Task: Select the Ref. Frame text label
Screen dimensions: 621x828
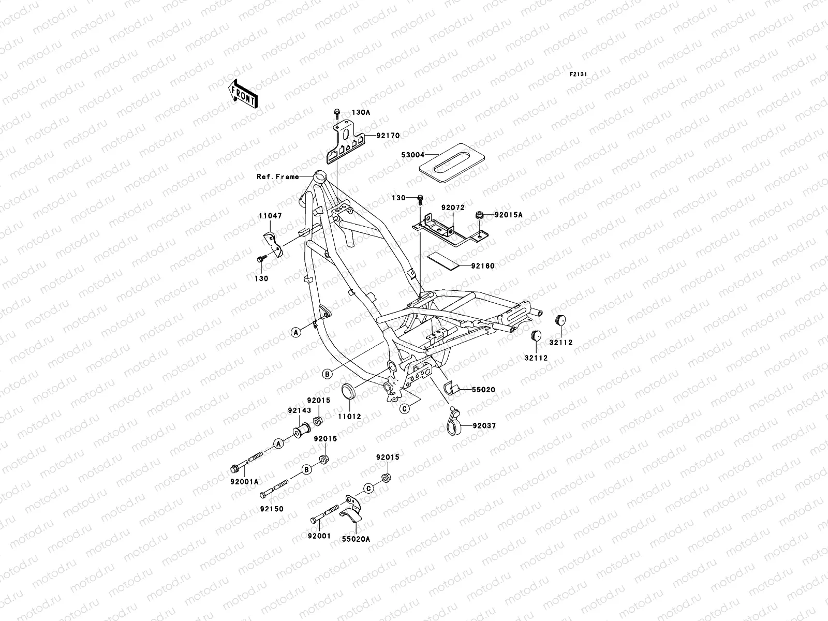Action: point(278,176)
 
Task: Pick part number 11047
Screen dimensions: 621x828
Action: point(271,216)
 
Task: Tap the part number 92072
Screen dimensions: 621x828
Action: point(453,208)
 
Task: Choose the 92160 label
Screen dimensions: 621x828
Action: point(483,266)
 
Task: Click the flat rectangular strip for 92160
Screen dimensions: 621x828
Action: point(442,261)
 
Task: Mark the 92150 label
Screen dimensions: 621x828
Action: point(272,509)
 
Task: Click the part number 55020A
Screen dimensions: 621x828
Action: point(356,539)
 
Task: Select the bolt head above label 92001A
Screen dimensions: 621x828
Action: point(234,469)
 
